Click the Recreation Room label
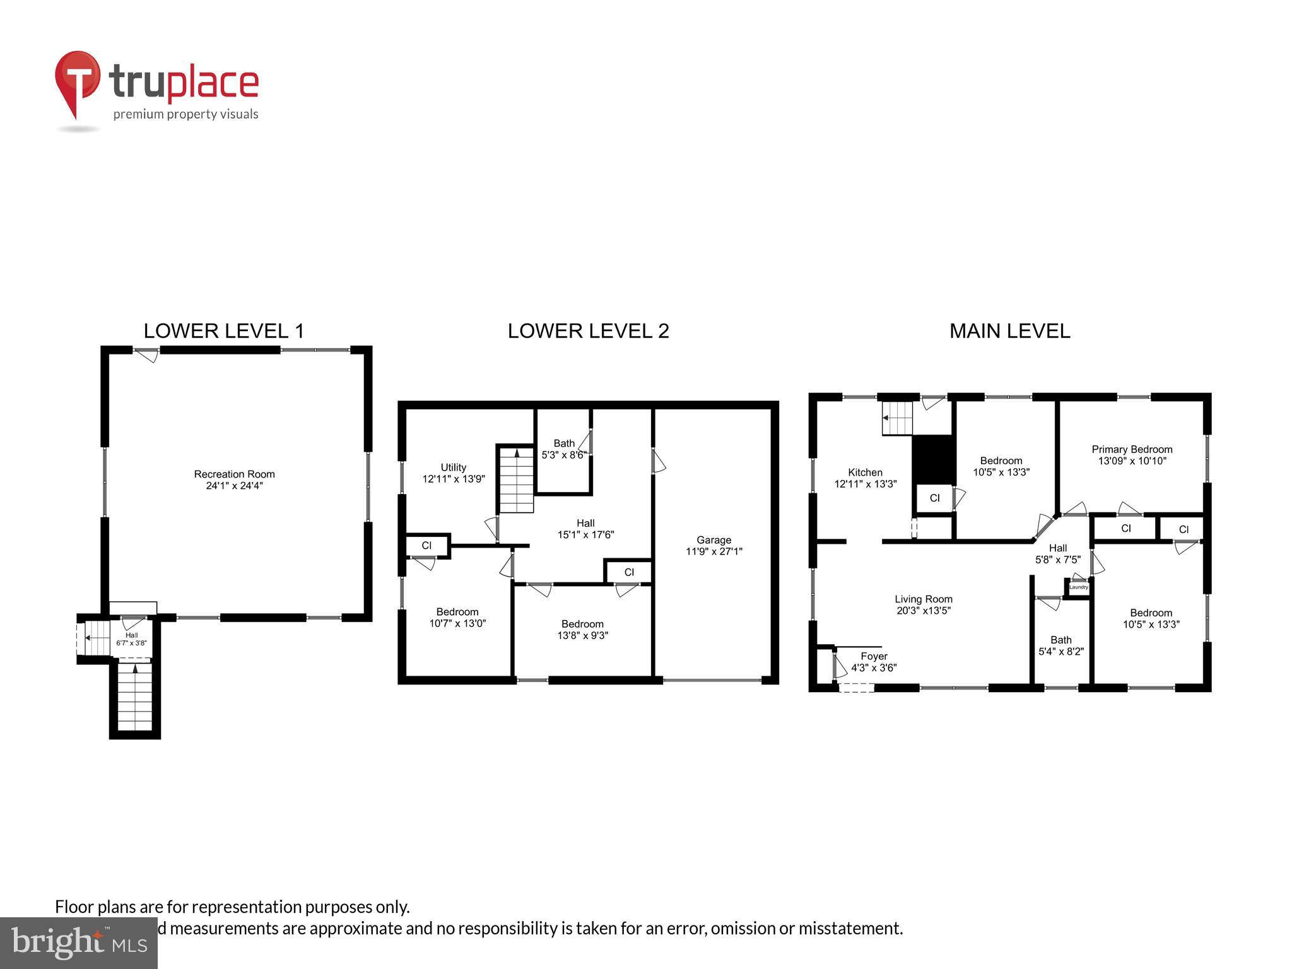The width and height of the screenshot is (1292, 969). [x=234, y=474]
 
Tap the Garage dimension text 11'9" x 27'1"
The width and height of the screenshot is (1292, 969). [x=714, y=551]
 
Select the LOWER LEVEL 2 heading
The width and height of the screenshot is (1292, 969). [x=588, y=331]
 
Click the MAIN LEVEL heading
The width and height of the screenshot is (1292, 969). [x=1009, y=331]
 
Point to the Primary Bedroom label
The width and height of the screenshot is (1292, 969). [x=1132, y=449]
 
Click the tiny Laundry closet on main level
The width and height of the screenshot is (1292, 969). [x=1078, y=587]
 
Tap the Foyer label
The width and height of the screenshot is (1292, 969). [x=874, y=656]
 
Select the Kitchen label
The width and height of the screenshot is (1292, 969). [x=865, y=472]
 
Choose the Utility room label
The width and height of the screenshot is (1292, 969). [x=453, y=467]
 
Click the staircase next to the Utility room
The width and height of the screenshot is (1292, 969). [x=517, y=479]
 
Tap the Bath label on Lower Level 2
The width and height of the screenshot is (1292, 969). [x=564, y=443]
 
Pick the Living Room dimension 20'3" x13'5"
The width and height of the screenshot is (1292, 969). [x=924, y=611]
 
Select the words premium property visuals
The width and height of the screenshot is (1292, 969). [x=185, y=114]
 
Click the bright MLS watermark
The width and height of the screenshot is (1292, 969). [x=78, y=943]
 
